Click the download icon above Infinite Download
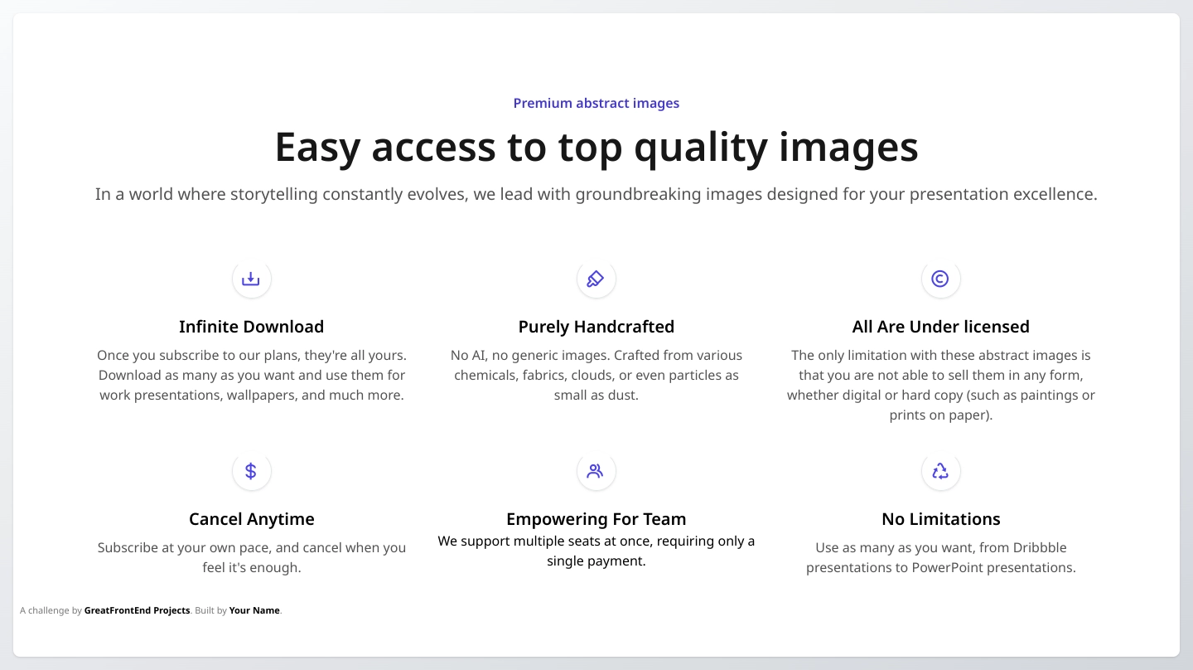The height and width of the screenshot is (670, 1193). pyautogui.click(x=251, y=279)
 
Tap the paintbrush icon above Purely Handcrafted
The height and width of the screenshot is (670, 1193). pyautogui.click(x=596, y=279)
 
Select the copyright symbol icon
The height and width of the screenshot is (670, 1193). pyautogui.click(x=940, y=279)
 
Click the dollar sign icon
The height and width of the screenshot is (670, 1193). pyautogui.click(x=251, y=471)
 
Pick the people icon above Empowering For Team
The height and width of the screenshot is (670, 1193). pyautogui.click(x=596, y=471)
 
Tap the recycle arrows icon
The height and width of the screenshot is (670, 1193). pyautogui.click(x=940, y=471)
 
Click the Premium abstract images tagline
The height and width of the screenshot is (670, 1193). pyautogui.click(x=596, y=103)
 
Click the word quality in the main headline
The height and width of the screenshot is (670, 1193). pyautogui.click(x=700, y=148)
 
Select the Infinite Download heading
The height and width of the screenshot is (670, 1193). pyautogui.click(x=251, y=326)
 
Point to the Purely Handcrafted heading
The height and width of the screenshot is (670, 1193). pyautogui.click(x=596, y=327)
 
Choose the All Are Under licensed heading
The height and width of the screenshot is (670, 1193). pyautogui.click(x=940, y=326)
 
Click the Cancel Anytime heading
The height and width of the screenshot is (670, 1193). pyautogui.click(x=251, y=519)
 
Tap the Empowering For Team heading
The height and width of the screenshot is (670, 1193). pyautogui.click(x=596, y=519)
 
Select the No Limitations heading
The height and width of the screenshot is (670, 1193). pyautogui.click(x=940, y=518)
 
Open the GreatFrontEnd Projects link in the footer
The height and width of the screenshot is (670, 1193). pyautogui.click(x=137, y=610)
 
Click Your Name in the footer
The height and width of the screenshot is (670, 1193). pyautogui.click(x=254, y=610)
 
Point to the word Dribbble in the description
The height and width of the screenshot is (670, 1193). pyautogui.click(x=1040, y=547)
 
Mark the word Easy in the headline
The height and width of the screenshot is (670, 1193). pyautogui.click(x=317, y=148)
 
